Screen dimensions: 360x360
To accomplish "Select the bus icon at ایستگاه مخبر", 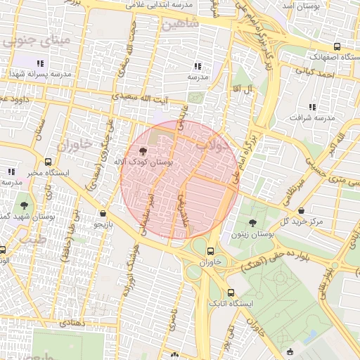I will pyautogui.click(x=47, y=161).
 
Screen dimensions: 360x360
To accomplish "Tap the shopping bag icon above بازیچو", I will pyautogui.click(x=103, y=213).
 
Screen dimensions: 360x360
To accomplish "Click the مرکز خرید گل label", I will pyautogui.click(x=300, y=221).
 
